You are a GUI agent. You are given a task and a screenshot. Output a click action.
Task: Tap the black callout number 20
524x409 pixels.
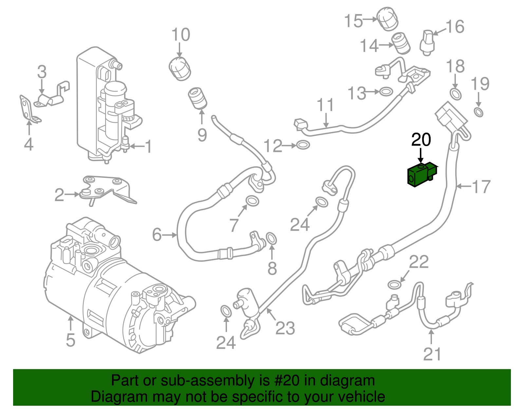tap(421, 140)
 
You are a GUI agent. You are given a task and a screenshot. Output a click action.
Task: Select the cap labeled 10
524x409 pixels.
tap(180, 68)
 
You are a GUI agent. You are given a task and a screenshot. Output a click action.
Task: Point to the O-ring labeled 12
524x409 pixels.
tap(303, 145)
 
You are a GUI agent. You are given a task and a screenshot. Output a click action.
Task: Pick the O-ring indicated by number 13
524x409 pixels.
tap(386, 91)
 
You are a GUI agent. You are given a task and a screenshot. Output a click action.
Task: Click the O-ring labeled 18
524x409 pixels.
tap(456, 94)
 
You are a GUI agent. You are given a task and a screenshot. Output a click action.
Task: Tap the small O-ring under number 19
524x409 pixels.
tap(478, 112)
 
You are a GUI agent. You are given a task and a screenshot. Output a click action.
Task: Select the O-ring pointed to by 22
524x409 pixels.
tap(394, 284)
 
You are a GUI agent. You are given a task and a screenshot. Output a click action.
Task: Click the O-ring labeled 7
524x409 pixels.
tap(252, 201)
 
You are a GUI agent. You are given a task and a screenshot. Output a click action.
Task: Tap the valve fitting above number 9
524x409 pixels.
tap(197, 98)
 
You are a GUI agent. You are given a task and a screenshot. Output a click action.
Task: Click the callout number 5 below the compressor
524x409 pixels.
tap(70, 340)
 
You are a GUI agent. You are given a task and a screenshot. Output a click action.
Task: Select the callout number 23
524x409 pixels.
tap(285, 328)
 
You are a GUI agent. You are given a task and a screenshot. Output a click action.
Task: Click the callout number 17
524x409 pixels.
tap(481, 187)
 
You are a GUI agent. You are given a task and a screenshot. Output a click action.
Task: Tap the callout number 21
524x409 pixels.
tap(432, 354)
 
